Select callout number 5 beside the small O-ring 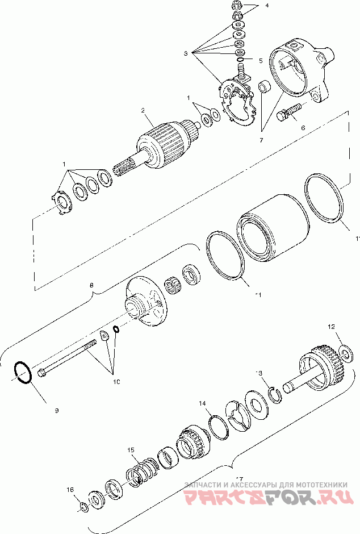click(x=260, y=60)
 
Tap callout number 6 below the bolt click(x=303, y=128)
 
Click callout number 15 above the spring click(x=131, y=450)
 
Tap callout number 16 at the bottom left click(x=70, y=489)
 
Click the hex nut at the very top click(x=237, y=6)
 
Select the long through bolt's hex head click(x=43, y=373)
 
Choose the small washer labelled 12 click(x=345, y=355)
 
